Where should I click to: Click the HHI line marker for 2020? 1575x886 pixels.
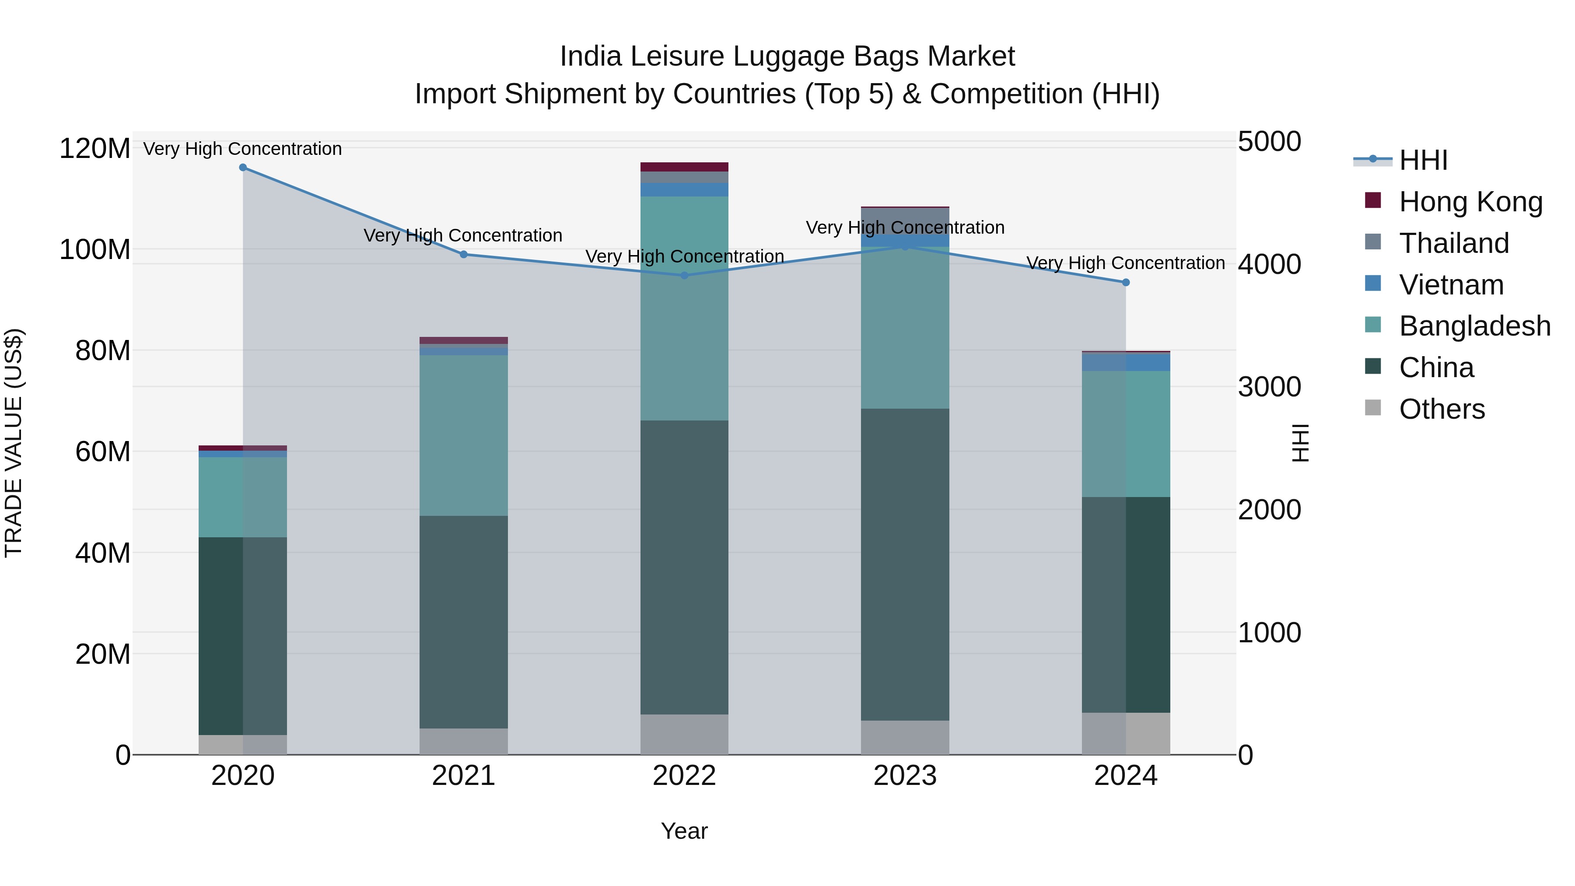coord(243,168)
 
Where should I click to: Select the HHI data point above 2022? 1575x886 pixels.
coord(684,276)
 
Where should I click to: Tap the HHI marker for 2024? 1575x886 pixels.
coord(1126,283)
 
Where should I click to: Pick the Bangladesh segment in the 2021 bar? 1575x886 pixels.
coord(463,435)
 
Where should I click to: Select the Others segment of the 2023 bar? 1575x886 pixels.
coord(905,737)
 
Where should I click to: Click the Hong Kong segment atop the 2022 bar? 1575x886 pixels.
coord(684,167)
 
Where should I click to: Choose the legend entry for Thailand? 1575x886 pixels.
coord(1454,243)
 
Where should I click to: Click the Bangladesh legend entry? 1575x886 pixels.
coord(1474,326)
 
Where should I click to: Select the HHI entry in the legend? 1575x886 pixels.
coord(1423,160)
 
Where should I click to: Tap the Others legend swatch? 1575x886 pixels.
coord(1372,408)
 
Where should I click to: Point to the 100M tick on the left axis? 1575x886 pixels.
coord(95,249)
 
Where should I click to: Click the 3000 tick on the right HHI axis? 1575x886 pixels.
coord(1269,387)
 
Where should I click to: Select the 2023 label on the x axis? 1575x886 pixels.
coord(905,776)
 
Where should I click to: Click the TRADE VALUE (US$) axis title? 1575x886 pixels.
coord(14,443)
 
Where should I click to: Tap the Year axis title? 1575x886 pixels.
coord(684,831)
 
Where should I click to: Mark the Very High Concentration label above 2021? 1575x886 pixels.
coord(463,235)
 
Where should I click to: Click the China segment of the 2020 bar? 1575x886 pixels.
coord(243,636)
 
